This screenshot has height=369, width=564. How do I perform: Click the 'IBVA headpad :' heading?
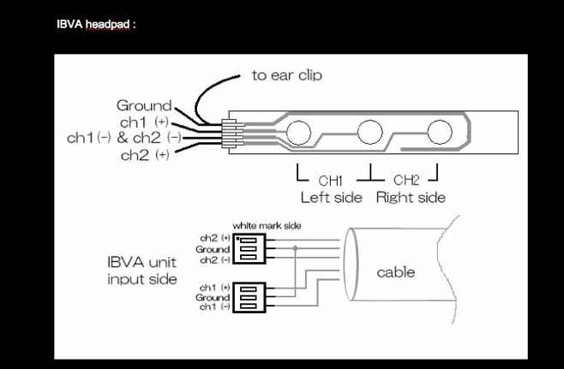point(96,24)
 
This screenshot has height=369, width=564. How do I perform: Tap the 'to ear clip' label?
point(286,75)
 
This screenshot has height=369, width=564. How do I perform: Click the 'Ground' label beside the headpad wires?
point(144,105)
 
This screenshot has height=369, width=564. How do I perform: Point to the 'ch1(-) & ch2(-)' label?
point(123,138)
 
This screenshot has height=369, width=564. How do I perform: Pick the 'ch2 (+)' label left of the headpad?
point(144,155)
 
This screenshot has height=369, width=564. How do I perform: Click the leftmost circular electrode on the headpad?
point(299,132)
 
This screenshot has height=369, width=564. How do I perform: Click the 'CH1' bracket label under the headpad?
point(330,181)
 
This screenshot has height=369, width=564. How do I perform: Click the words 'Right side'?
point(411,197)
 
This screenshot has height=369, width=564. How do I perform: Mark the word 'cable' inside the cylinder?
point(396,272)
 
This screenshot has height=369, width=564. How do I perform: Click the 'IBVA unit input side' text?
point(142,270)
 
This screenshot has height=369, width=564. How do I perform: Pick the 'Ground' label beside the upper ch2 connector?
point(213,249)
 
